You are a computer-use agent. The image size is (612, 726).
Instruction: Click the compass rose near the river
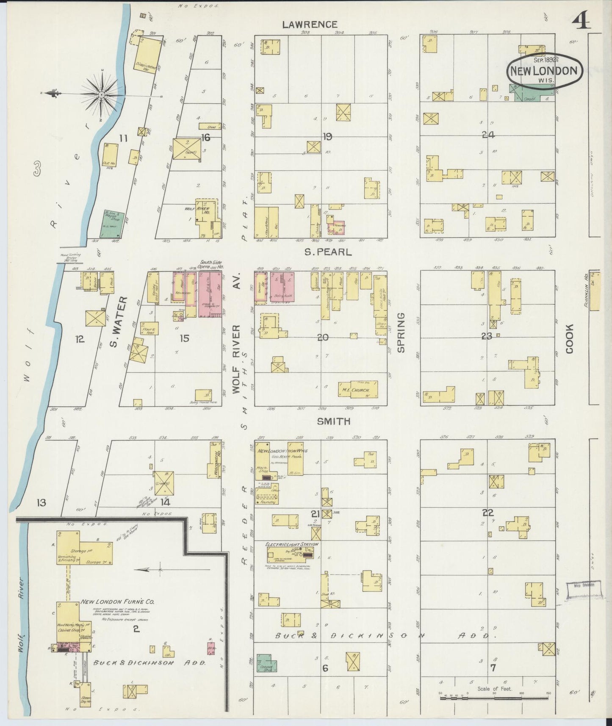[102, 94]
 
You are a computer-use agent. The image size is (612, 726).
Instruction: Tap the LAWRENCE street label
[310, 25]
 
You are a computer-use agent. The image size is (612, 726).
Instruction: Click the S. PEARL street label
[327, 252]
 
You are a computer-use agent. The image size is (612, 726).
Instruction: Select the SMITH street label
[334, 421]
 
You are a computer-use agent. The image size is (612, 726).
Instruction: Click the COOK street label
[569, 339]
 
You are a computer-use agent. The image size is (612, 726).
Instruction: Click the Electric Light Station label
[291, 544]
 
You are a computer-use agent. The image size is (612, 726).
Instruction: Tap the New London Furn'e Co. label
[117, 601]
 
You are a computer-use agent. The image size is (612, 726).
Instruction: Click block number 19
[327, 136]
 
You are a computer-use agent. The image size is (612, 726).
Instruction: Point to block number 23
[487, 336]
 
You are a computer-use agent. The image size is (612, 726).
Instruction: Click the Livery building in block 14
[163, 483]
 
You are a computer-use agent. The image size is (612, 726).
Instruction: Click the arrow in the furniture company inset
[152, 570]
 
